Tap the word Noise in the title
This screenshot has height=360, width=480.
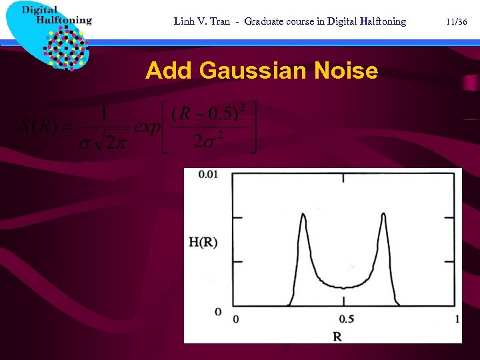point(347,70)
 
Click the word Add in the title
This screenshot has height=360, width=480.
point(169,70)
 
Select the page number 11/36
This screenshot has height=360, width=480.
point(457,21)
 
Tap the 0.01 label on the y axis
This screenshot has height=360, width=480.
point(209,175)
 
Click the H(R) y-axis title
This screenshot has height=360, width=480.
point(203,242)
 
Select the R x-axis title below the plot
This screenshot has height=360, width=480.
point(337,336)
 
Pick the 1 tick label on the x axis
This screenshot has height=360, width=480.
point(457,319)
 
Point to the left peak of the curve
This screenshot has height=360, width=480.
point(303,215)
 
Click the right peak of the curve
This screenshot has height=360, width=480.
point(384,215)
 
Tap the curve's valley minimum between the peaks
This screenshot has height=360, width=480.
point(343,287)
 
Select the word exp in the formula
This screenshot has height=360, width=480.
point(147,126)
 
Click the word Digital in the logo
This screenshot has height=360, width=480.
point(40,9)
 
